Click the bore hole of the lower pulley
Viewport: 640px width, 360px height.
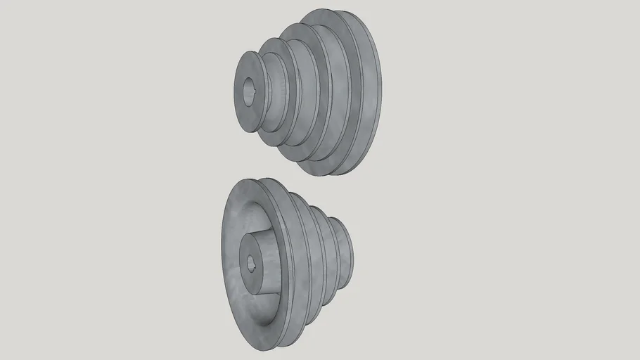(250, 263)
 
